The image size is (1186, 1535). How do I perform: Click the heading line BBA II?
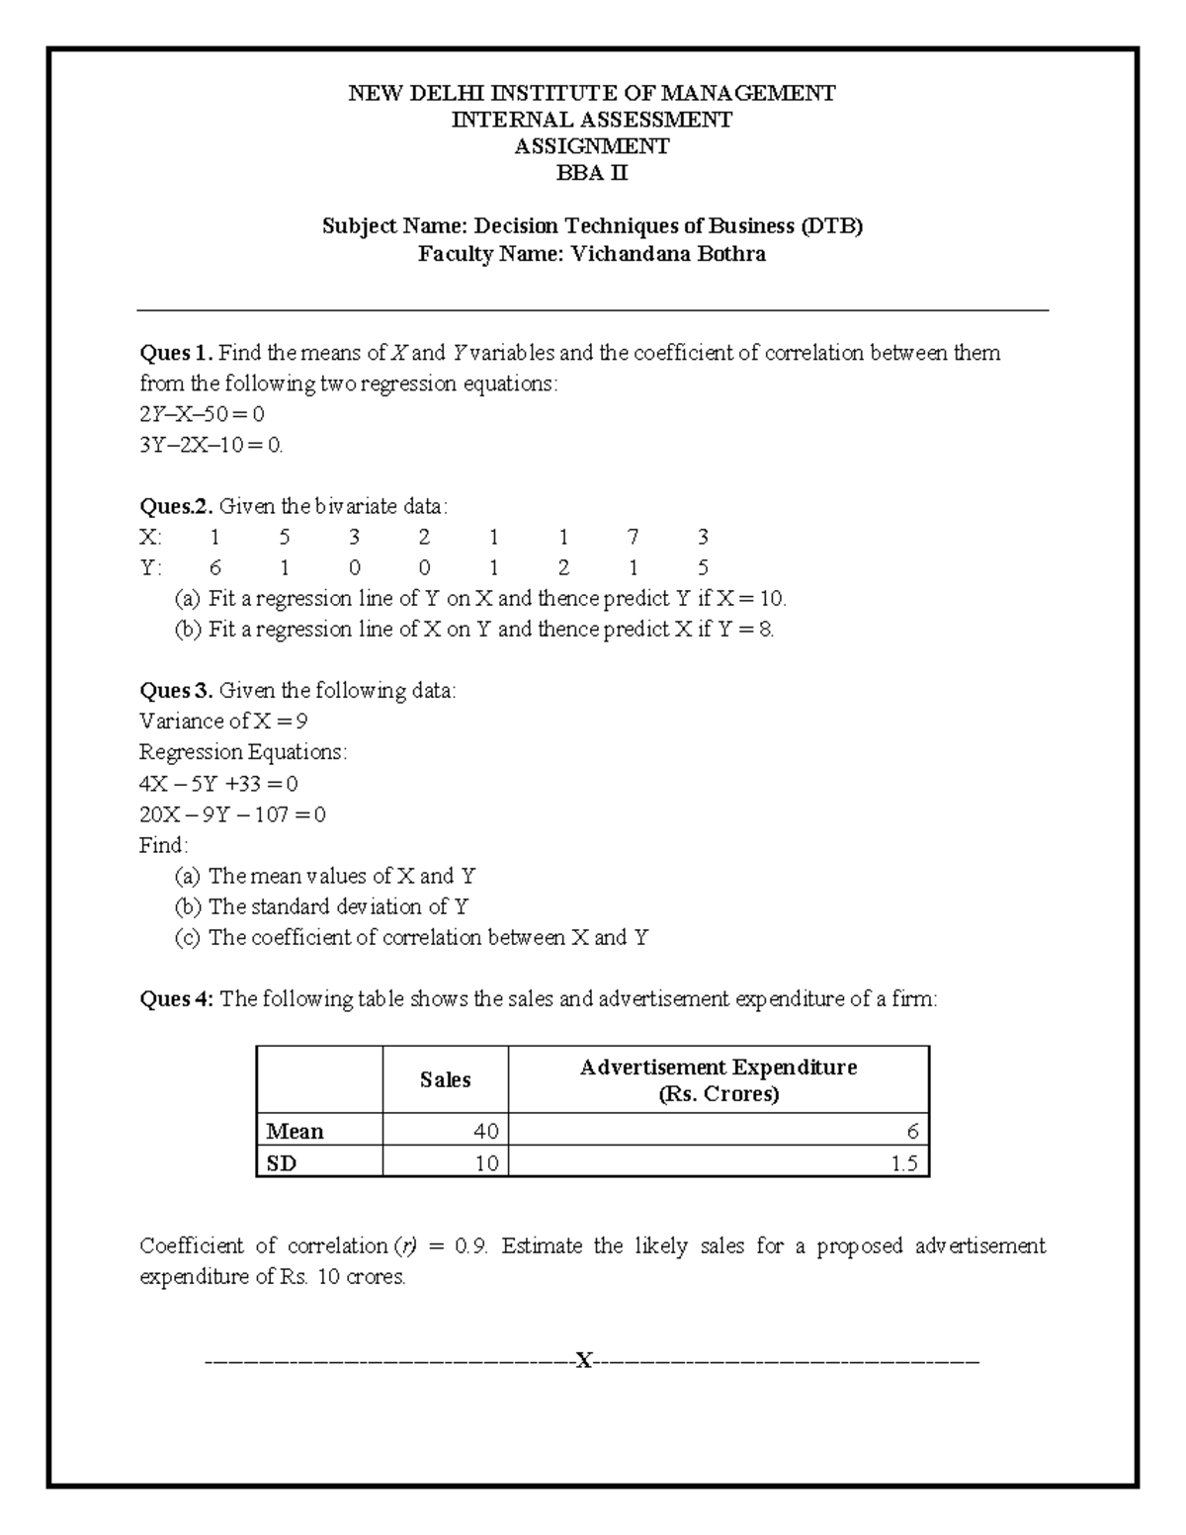coord(592,174)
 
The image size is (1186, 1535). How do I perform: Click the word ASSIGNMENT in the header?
coord(592,147)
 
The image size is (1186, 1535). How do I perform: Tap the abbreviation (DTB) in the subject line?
coord(831,226)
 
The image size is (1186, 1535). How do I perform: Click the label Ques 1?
coord(176,354)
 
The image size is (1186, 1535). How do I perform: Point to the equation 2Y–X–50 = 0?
coord(202,413)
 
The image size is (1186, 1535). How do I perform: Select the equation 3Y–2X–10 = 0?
coord(211,445)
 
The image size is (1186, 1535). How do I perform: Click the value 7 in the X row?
coord(633,537)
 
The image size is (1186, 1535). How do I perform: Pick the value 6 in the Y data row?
coord(215,568)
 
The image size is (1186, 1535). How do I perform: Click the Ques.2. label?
coord(176,507)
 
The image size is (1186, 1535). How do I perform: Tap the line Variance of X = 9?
coord(223,722)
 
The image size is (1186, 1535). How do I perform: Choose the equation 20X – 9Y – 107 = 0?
coord(232,814)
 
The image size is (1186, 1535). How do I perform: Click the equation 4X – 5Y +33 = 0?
coord(218,784)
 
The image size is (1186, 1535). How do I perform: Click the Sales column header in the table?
coord(445,1080)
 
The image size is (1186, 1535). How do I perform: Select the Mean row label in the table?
coord(295,1131)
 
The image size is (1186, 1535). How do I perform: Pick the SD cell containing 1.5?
coord(903,1163)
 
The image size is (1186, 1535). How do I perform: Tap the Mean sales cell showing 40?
coord(485,1131)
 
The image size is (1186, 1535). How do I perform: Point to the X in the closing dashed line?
coord(585,1362)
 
